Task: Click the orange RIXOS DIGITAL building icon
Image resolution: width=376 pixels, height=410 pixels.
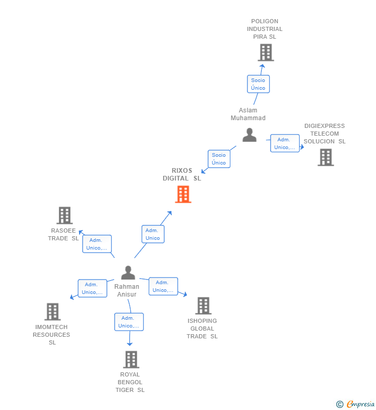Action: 183,194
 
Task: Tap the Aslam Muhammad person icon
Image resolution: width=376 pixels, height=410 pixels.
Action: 249,135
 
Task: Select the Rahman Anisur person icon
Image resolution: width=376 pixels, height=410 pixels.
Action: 128,273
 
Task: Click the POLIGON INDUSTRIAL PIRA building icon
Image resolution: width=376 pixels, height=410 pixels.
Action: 265,53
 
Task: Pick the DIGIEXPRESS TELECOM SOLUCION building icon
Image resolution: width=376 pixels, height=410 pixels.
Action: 325,157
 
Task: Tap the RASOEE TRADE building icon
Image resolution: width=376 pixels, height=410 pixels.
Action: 64,216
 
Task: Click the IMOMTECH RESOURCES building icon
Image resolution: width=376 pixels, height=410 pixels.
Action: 52,311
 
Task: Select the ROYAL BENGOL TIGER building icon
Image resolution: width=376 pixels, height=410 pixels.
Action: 131,359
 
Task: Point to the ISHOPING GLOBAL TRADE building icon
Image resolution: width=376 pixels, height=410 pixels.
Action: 203,306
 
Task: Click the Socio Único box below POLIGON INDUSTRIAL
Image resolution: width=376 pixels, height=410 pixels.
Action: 258,84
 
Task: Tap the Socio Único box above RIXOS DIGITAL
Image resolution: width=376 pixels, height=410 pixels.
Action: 219,159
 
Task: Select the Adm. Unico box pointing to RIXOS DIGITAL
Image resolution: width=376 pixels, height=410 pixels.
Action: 153,234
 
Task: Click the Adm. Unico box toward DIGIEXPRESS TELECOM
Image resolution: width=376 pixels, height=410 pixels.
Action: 285,143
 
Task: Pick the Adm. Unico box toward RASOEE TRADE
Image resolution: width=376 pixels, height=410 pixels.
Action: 97,244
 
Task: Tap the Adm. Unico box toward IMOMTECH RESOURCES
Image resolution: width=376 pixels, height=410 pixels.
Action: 92,288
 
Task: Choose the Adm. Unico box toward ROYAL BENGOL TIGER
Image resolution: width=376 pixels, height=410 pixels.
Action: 129,322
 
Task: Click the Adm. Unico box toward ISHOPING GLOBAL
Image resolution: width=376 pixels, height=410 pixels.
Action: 163,286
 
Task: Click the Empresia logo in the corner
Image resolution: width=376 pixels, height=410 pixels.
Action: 361,404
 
